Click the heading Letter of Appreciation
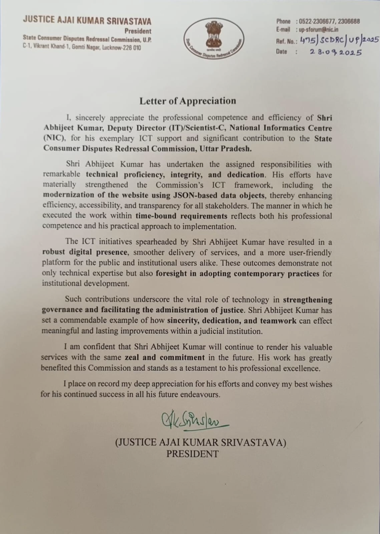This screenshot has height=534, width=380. [x=187, y=101]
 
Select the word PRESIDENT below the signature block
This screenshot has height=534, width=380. [x=192, y=454]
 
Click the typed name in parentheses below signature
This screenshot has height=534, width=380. [x=201, y=443]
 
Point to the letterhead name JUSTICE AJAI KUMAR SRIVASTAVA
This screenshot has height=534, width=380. [x=87, y=21]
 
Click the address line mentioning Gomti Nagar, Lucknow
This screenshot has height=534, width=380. [x=82, y=47]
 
